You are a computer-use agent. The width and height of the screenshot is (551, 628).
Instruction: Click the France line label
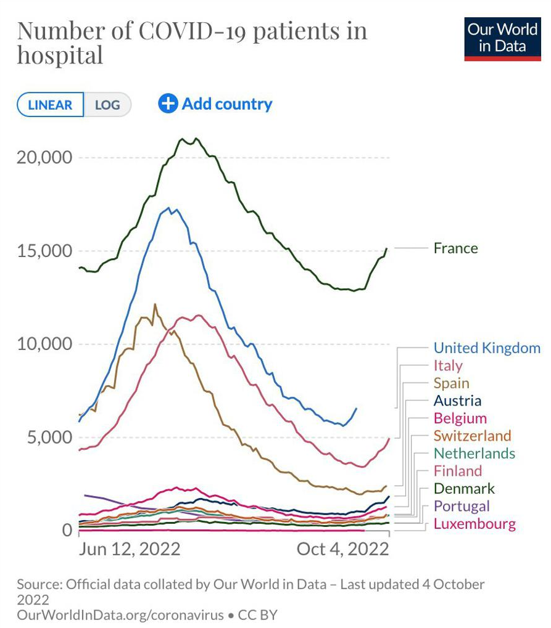click(x=455, y=248)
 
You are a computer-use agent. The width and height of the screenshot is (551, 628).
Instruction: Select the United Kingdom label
click(x=487, y=348)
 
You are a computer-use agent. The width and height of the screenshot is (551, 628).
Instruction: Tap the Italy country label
click(x=448, y=365)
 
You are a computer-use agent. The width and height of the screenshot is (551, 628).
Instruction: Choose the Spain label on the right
click(x=452, y=383)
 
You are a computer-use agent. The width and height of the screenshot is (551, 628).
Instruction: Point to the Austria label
click(x=457, y=401)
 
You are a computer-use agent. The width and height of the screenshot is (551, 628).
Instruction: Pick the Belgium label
click(x=460, y=418)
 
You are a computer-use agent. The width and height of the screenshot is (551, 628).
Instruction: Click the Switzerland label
click(x=472, y=436)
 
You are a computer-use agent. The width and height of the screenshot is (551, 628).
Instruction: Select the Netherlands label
click(x=474, y=454)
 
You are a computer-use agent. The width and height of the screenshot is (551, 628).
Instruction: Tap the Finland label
click(x=457, y=471)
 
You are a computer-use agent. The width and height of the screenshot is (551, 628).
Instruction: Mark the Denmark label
click(x=464, y=489)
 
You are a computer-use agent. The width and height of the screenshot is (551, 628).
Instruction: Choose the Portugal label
click(x=462, y=507)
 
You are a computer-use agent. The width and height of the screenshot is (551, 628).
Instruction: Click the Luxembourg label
click(x=474, y=524)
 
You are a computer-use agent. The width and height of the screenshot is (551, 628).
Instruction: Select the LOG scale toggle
click(x=107, y=105)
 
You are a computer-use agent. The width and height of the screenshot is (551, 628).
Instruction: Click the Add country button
click(x=215, y=104)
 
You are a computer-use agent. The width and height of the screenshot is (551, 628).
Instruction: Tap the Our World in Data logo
click(x=502, y=39)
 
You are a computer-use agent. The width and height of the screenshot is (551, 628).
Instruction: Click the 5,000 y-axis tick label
click(x=49, y=438)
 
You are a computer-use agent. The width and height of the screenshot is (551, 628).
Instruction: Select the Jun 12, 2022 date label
click(x=130, y=549)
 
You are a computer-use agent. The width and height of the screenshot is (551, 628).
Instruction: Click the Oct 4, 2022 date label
click(x=343, y=549)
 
